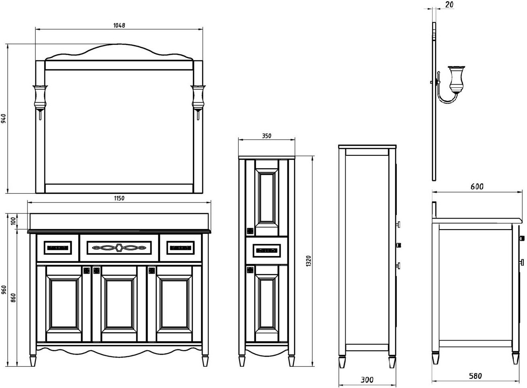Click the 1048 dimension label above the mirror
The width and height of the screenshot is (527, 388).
[119, 25]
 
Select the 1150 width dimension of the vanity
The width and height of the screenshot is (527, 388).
[119, 198]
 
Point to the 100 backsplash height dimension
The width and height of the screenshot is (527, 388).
[13, 221]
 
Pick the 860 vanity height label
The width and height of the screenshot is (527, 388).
[13, 298]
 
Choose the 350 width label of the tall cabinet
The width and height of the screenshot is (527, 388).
[267, 136]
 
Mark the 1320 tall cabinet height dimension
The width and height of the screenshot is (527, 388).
[308, 261]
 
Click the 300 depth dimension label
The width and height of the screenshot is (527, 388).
[367, 380]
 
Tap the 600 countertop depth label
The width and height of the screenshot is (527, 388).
[477, 187]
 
